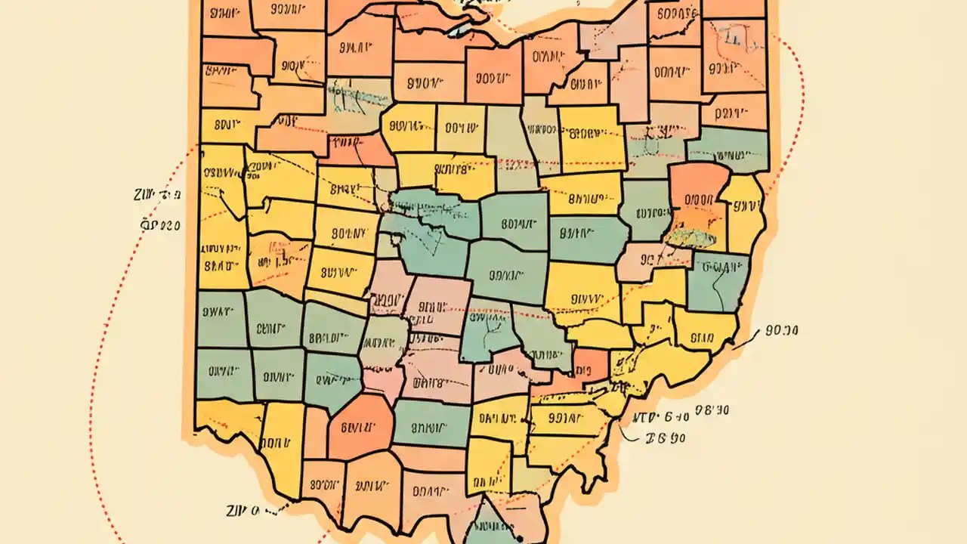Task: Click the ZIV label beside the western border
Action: pyautogui.click(x=156, y=196)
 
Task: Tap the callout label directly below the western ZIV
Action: pyautogui.click(x=161, y=224)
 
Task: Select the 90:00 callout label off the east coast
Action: pyautogui.click(x=782, y=330)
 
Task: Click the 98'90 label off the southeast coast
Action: pyautogui.click(x=712, y=410)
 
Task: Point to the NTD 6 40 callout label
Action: pyautogui.click(x=660, y=416)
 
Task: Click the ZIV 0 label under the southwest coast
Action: pyautogui.click(x=243, y=512)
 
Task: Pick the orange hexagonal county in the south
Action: pyautogui.click(x=360, y=427)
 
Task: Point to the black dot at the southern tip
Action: pyautogui.click(x=521, y=538)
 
